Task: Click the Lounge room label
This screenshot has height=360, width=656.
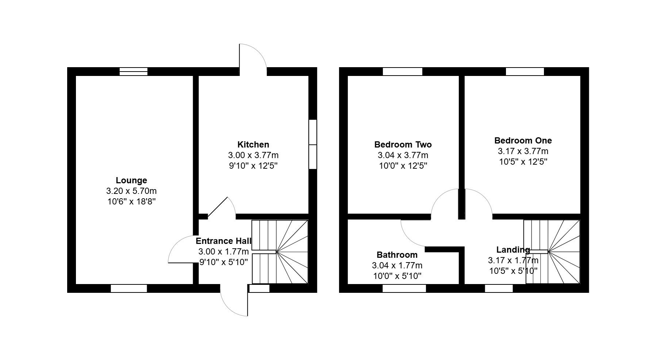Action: pos(131,180)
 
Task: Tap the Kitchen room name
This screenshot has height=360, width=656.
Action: pos(253,145)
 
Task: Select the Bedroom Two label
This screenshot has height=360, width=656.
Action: pos(403,145)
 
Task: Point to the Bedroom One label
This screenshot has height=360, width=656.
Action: pos(523,141)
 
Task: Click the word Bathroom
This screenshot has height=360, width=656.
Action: pos(397,255)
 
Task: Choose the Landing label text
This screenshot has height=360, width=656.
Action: pos(513,250)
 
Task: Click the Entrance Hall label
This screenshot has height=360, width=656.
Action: pos(223,241)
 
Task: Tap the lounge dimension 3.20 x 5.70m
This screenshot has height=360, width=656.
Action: pos(131,191)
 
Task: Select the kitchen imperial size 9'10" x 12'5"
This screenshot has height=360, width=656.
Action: pos(253,166)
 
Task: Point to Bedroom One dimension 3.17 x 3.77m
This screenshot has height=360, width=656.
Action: pos(523,151)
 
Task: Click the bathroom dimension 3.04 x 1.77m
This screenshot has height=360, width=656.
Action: pos(397,265)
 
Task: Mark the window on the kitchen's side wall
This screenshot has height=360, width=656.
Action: pos(313,144)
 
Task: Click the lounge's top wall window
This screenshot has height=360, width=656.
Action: pos(134,72)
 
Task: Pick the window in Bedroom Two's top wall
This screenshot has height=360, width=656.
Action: pos(402,72)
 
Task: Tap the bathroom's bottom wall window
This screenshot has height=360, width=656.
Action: pos(404,288)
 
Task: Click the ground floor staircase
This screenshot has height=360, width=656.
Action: pos(280,252)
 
